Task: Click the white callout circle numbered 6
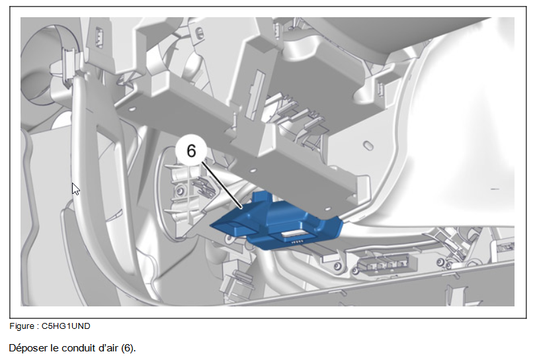tap(191, 151)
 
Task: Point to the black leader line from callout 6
tap(222, 185)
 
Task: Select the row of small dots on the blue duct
tap(297, 242)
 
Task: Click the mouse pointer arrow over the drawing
tap(75, 189)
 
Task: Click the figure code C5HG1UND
tap(66, 326)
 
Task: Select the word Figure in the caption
tap(22, 326)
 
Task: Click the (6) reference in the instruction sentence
tap(127, 348)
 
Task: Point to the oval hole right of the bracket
tap(368, 146)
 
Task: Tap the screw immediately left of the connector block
tap(338, 266)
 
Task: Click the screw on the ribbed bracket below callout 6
tap(179, 190)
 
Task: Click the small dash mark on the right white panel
tap(495, 189)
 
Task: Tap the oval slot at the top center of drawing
tap(199, 33)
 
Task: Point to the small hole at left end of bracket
tap(132, 109)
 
